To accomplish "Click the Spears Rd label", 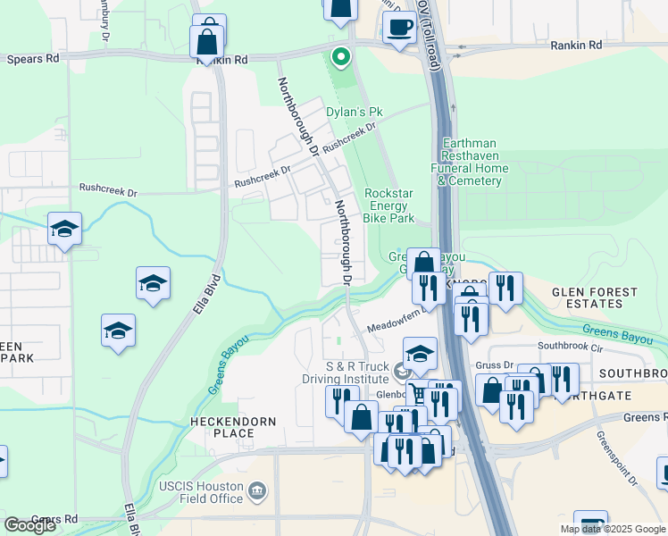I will click(33, 59).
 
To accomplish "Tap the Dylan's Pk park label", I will click(354, 112).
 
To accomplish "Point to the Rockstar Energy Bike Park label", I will click(389, 205).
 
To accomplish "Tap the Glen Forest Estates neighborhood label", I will click(595, 297).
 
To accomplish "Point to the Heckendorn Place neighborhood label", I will click(221, 426).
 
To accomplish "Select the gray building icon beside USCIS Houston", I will click(258, 490).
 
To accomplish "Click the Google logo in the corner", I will click(29, 525).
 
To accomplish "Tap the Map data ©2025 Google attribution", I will click(613, 529).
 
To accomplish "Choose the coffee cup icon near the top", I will click(399, 27).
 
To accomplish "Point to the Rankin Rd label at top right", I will click(575, 45).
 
